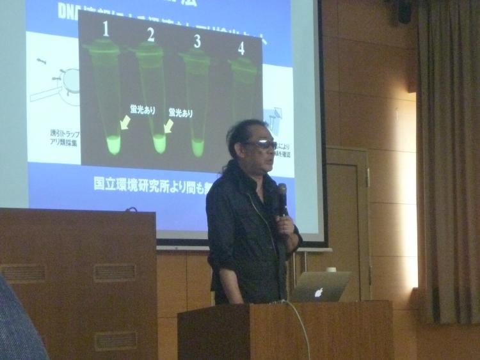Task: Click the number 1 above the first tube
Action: (x=106, y=29)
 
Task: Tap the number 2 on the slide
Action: (x=151, y=35)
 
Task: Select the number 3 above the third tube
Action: (x=197, y=42)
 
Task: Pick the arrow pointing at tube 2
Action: (x=168, y=127)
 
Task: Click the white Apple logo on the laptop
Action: (x=319, y=292)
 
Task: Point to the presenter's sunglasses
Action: (x=262, y=145)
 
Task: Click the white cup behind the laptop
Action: (x=332, y=269)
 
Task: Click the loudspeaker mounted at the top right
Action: (x=404, y=11)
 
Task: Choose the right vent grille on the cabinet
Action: (x=115, y=272)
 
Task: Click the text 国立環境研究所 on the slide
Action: (x=138, y=183)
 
